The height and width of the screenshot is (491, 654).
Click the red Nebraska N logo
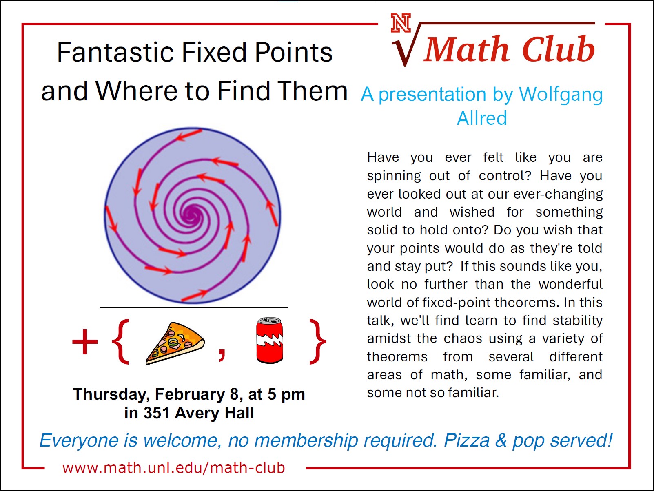tap(401, 22)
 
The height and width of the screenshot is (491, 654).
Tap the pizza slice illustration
tap(175, 343)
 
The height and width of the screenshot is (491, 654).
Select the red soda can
tap(270, 341)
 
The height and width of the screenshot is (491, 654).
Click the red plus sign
tap(85, 341)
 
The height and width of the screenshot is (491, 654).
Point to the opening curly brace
tap(120, 341)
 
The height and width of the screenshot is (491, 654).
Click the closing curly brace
tap(318, 341)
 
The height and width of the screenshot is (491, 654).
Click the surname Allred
tap(482, 118)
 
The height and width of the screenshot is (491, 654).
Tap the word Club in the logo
tap(559, 49)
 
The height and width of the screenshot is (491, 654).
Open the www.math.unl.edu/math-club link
tap(174, 468)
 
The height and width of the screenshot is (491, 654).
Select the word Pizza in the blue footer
tap(467, 440)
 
